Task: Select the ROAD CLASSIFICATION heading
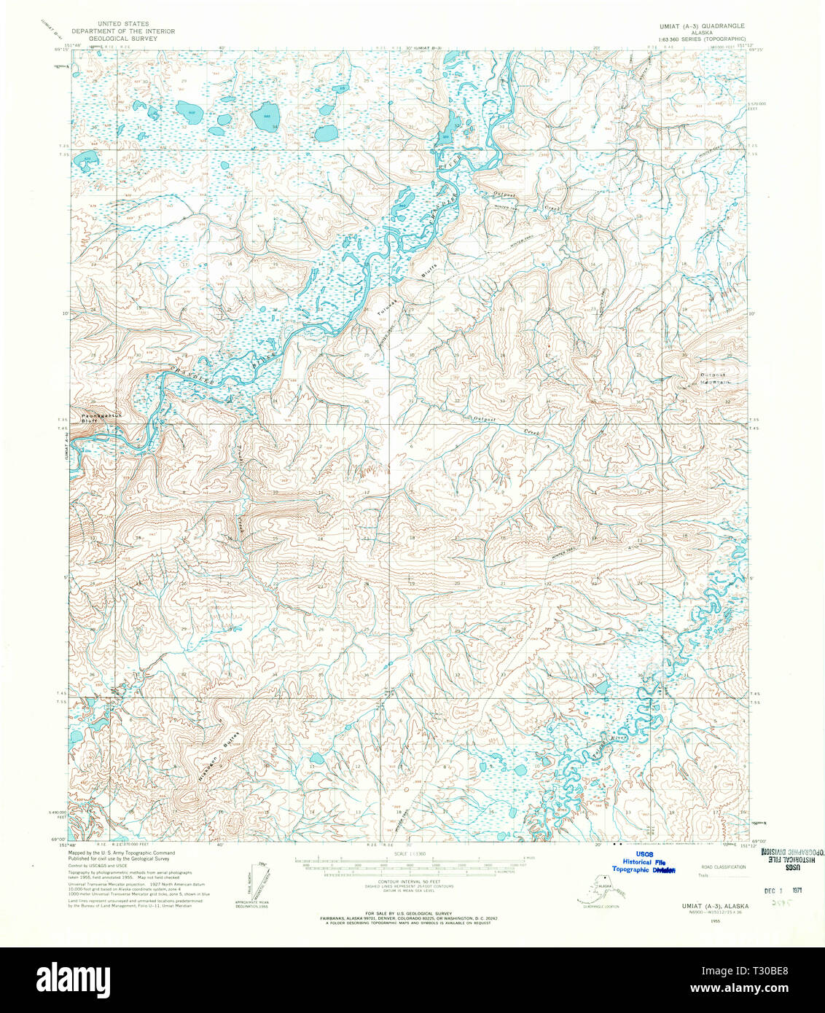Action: point(723,867)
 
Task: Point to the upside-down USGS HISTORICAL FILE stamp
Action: point(791,856)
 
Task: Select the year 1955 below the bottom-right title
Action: point(702,920)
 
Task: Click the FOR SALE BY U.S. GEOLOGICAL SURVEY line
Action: point(410,913)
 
